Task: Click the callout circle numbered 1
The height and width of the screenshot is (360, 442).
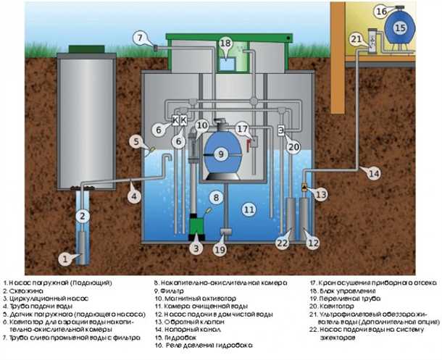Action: pyautogui.click(x=64, y=257)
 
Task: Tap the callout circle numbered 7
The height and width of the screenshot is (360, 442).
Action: pyautogui.click(x=140, y=36)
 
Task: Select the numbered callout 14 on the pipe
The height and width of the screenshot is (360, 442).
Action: pyautogui.click(x=372, y=173)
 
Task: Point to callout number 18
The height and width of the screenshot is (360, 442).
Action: pyautogui.click(x=225, y=44)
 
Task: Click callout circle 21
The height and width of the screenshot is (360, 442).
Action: pyautogui.click(x=356, y=38)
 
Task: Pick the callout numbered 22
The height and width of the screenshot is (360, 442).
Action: pyautogui.click(x=281, y=243)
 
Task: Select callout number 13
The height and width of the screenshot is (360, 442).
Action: pyautogui.click(x=321, y=195)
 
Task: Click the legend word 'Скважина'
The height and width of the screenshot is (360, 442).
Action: pyautogui.click(x=28, y=289)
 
